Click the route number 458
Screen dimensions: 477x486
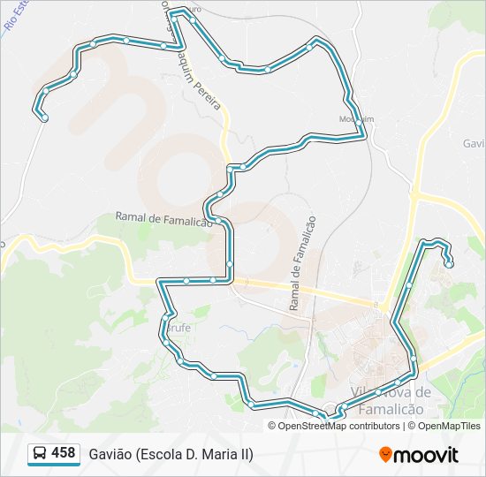[63, 453]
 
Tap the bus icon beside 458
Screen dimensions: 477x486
[40, 454]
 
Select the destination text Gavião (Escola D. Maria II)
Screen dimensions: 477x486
[171, 454]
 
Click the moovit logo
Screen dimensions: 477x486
[419, 455]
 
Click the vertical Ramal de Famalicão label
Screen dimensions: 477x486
[301, 264]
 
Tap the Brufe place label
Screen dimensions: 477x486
[178, 328]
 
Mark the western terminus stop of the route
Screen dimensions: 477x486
[44, 117]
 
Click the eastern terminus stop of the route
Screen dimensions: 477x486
[450, 263]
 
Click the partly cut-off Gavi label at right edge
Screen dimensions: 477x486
[474, 143]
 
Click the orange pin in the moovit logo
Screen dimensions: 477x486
[386, 455]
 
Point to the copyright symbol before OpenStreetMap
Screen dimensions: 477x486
[273, 426]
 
